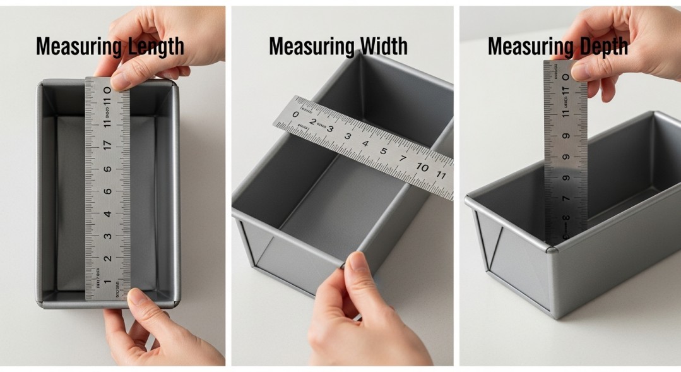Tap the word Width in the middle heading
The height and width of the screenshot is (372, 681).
[383, 47]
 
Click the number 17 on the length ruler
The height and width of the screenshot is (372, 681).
[108, 145]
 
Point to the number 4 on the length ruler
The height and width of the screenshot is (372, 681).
[108, 214]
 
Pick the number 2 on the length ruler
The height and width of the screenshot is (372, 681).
[108, 258]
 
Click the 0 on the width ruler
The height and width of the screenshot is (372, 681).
[295, 114]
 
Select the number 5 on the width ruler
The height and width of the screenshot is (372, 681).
[383, 151]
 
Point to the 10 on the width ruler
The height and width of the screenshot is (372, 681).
[422, 167]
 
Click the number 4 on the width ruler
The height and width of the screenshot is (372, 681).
[365, 143]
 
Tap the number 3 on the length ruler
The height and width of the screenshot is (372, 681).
[108, 236]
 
